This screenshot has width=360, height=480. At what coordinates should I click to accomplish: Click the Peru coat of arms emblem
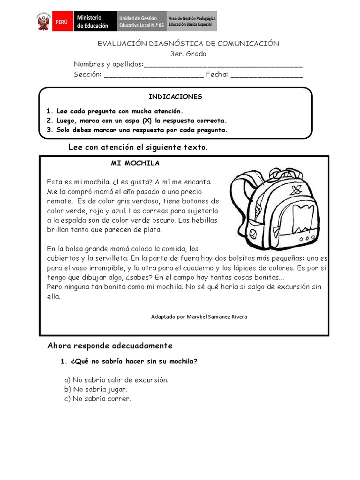coord(44,22)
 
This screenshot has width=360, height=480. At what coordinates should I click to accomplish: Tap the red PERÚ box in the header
coord(61,22)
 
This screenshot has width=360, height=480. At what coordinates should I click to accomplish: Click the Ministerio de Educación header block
coord(92,22)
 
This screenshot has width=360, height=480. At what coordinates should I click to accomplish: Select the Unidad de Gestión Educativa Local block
coord(141,22)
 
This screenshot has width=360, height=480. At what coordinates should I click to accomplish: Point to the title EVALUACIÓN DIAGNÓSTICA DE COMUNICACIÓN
coord(188,44)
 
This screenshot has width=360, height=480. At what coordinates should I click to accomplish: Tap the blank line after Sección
coord(153,75)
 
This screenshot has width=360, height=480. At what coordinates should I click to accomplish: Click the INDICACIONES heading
coord(175,97)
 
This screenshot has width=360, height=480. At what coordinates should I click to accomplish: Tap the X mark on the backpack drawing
coord(295,190)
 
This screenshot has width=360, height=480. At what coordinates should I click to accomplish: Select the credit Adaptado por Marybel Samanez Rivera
coord(199,317)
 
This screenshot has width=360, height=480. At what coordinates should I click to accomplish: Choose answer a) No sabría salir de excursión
coord(116,380)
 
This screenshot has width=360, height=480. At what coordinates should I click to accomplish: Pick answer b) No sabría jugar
coord(96,389)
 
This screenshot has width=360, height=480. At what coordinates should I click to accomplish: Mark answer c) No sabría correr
coord(97,398)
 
